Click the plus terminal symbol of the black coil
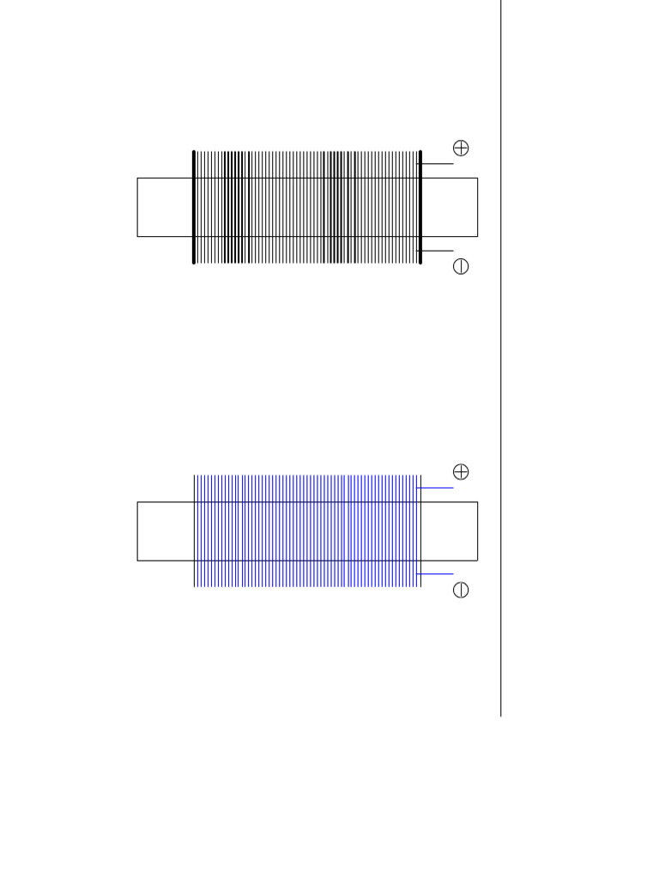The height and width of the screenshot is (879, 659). coord(461,149)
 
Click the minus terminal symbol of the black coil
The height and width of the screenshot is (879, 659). coord(461,266)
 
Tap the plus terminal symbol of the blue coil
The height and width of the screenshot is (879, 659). coord(461,472)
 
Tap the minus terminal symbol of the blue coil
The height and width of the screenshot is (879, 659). coord(461,590)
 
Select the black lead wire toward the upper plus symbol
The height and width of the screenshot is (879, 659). coord(437,163)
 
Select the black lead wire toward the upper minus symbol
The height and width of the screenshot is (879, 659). coord(437,251)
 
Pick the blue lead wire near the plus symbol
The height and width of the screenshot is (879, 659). coord(437,488)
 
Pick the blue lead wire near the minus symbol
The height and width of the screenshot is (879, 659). coord(437,573)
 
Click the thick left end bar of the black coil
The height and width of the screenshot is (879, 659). coord(194,207)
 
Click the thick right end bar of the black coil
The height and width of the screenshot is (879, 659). coord(420,207)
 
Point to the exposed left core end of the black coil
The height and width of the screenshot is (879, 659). coord(165,207)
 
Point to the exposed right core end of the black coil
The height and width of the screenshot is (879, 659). coord(450,207)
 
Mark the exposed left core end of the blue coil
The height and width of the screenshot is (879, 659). coord(165,531)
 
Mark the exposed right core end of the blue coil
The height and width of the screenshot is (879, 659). coord(450,531)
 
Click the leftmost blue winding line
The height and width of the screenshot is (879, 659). coord(195,531)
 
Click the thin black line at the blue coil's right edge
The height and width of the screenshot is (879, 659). coord(421,531)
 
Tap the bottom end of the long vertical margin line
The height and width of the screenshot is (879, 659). coord(501,715)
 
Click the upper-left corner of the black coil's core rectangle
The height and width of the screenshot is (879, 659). coord(137,178)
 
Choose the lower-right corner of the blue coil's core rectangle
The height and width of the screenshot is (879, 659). coord(477,561)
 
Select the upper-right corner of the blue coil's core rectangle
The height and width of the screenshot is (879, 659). coord(477,502)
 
